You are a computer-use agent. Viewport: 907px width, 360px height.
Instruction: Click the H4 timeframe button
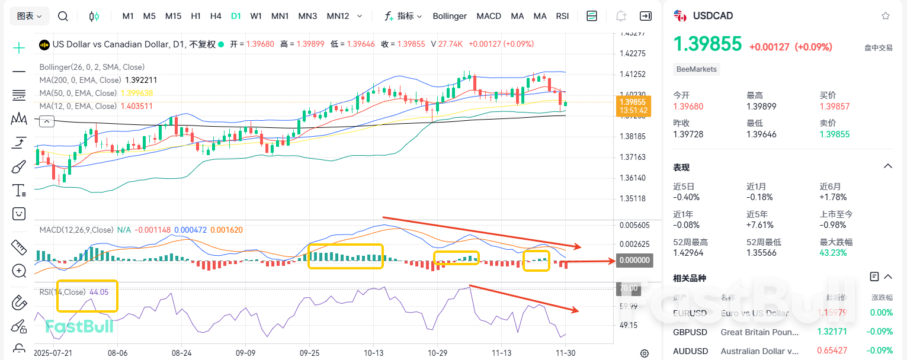coord(216,16)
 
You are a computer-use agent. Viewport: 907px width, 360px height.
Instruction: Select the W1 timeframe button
coord(256,16)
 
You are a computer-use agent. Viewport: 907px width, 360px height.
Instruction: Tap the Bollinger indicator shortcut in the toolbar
coord(450,16)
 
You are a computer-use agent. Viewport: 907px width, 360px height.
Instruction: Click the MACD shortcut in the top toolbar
coord(489,16)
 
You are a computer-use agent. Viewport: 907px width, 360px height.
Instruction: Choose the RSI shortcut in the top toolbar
coord(563,16)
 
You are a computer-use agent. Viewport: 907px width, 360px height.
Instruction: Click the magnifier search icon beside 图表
coord(63,16)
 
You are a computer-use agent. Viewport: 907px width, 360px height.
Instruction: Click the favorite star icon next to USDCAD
coord(885,16)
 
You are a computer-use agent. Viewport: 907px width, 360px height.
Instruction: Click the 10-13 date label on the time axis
coord(373,352)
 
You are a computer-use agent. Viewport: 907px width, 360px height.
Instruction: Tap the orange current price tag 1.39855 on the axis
coord(633,102)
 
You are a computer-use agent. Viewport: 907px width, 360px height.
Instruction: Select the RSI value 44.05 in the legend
coord(99,292)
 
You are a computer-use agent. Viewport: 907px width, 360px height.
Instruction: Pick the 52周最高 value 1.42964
coord(691,252)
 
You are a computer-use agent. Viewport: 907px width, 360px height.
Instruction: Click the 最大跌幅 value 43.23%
coord(833,252)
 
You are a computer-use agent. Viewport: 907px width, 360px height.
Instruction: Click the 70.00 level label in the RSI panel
coord(628,288)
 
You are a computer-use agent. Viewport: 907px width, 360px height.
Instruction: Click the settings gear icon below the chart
coord(645,353)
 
